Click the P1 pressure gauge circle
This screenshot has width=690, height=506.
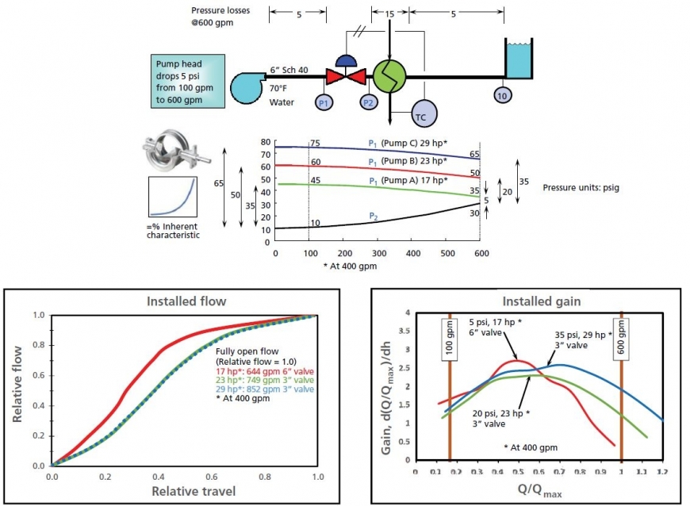click(323, 102)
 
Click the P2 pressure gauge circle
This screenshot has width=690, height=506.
click(367, 102)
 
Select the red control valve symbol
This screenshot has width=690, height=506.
click(346, 77)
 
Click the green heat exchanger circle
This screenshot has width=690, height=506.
click(390, 77)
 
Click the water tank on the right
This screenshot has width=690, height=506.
click(519, 60)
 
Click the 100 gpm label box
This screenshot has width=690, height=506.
click(450, 339)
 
